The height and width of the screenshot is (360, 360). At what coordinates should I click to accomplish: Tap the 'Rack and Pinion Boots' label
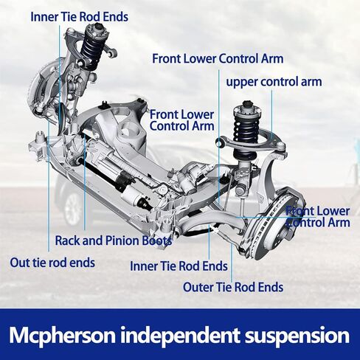(114, 240)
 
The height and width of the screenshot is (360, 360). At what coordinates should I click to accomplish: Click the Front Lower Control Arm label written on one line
(218, 58)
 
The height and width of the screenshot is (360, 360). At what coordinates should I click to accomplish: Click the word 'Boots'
(156, 240)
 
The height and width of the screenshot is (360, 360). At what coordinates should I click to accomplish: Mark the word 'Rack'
(68, 240)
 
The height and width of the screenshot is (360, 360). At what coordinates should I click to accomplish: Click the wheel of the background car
(75, 209)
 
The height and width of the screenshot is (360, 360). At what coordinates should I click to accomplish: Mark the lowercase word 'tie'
(41, 262)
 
